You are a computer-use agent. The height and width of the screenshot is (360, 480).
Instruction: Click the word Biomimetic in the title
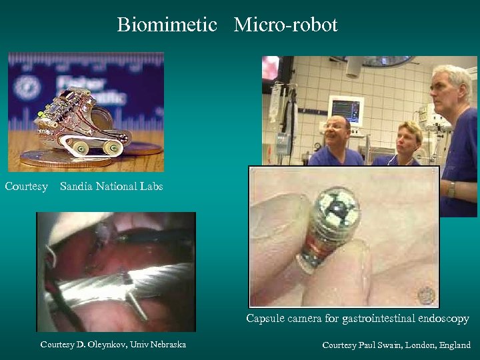pyautogui.click(x=167, y=25)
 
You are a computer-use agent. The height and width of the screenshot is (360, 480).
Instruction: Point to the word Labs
pyautogui.click(x=151, y=187)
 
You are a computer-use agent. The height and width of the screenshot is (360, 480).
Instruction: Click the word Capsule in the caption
pyautogui.click(x=265, y=319)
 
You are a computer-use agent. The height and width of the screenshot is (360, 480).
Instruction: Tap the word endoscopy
pyautogui.click(x=443, y=319)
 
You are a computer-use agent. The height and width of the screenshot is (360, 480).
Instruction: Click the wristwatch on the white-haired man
pyautogui.click(x=452, y=189)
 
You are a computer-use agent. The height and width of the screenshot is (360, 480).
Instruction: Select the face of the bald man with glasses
pyautogui.click(x=337, y=131)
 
